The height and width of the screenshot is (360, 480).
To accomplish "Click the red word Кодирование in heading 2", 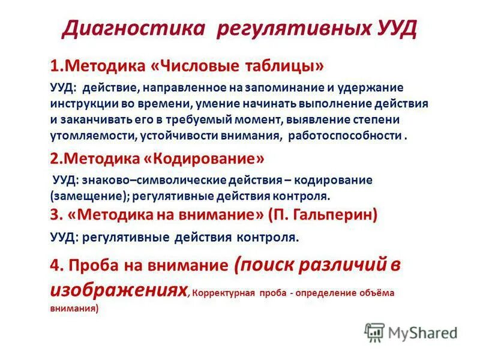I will (208, 158).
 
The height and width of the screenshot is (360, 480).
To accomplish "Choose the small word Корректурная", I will (223, 295).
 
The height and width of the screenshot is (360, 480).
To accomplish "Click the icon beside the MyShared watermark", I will (375, 332).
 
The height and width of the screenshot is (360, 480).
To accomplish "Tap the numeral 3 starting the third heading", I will (55, 213).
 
